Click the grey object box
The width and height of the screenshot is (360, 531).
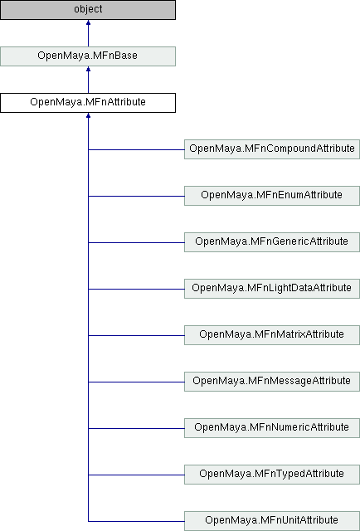pos(88,9)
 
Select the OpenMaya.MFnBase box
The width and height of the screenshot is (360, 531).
pos(88,56)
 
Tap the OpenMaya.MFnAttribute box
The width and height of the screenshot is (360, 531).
pos(88,103)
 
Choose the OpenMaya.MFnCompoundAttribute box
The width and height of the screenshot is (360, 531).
pos(272,149)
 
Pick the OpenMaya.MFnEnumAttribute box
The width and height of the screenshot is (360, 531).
pos(272,196)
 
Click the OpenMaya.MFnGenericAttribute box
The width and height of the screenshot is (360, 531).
pos(272,241)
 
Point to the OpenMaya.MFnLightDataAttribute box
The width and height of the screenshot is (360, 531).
pos(272,289)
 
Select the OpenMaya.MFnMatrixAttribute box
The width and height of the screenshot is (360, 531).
pos(272,335)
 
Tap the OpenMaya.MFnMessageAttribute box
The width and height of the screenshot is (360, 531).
pos(272,382)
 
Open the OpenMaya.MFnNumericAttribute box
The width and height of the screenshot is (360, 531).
pos(272,428)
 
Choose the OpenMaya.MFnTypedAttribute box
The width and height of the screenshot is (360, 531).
pos(272,474)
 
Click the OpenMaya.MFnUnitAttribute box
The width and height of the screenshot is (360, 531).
pos(272,521)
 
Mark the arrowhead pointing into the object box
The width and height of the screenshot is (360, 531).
pos(88,22)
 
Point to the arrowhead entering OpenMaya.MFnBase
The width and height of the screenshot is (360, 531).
pos(88,69)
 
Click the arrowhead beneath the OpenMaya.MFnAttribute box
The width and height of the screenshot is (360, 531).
pos(88,115)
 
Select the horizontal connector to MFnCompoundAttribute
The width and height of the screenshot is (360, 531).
pos(136,149)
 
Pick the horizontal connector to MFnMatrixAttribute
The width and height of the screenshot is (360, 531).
pos(136,335)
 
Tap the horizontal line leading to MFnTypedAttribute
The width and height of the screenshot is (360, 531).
pos(136,475)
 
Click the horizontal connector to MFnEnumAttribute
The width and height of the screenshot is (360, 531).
pos(136,196)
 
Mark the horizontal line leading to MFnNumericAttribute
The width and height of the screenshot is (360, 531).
pos(136,428)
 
